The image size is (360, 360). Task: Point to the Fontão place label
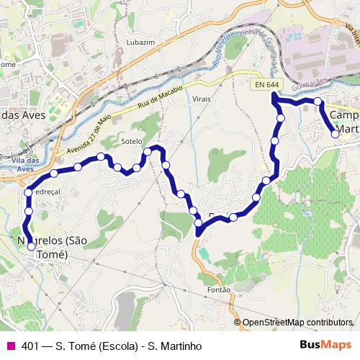tap(218, 289)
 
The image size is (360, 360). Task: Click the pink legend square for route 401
tap(10, 345)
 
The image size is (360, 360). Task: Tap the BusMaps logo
tap(328, 345)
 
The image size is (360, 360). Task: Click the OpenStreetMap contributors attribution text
tap(297, 323)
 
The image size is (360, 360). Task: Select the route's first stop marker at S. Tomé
tap(31, 246)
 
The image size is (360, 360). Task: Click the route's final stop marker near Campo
tap(335, 134)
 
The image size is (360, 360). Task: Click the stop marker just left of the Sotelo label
tap(102, 156)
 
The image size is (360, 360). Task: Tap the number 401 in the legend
tap(31, 346)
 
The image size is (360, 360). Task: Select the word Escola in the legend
tap(110, 346)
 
